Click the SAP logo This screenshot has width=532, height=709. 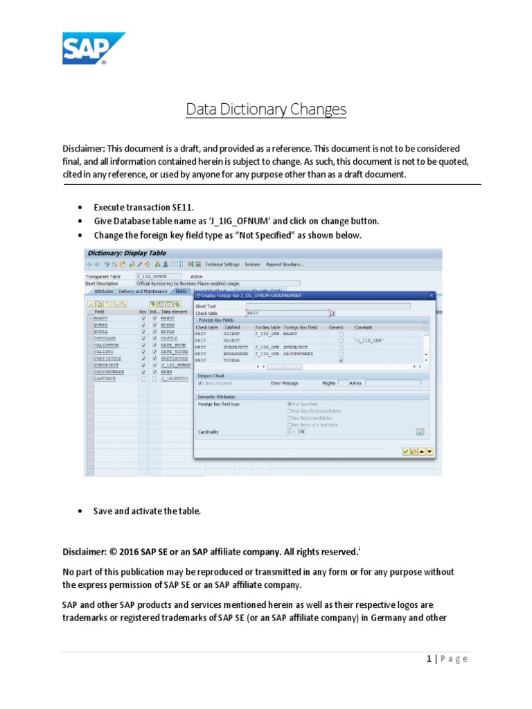point(94,48)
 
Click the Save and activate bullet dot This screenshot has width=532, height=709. point(80,511)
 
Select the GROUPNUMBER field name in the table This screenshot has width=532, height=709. point(109,372)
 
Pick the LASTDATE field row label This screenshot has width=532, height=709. point(105,379)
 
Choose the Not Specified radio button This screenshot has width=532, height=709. point(289,403)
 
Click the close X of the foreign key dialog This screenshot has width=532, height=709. point(431,296)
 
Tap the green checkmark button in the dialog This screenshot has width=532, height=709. point(406,451)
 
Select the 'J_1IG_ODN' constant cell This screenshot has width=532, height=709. point(369,340)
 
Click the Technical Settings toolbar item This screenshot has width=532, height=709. point(222,264)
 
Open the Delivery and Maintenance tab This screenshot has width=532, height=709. point(143,291)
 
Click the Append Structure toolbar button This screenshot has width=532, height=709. point(284,264)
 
